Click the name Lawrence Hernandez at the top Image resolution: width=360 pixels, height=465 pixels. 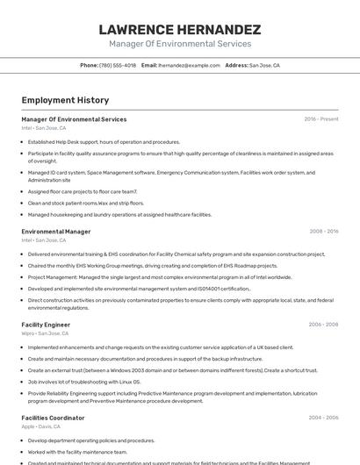click(179, 30)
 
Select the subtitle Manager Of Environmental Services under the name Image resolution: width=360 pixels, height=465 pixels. click(179, 44)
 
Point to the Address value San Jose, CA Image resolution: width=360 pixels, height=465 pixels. click(264, 65)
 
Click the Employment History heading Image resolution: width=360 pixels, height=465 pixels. click(65, 100)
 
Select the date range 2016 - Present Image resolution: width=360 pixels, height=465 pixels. click(320, 119)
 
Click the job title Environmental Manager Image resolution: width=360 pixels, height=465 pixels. click(56, 232)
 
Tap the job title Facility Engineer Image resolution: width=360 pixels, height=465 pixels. click(46, 325)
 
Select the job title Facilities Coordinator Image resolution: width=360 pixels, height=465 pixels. click(53, 418)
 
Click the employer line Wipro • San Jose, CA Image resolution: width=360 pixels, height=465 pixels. click(45, 333)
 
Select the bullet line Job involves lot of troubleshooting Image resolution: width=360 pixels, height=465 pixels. click(84, 382)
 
